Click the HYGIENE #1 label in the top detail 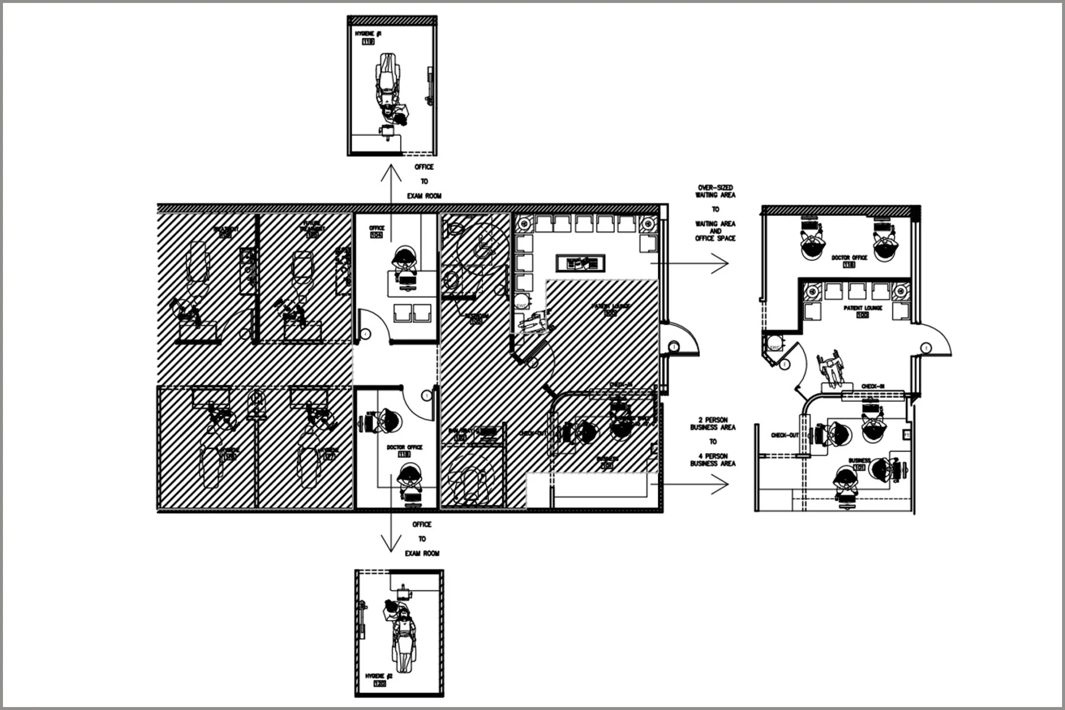368,34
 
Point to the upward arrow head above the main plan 389,169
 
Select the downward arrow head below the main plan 390,547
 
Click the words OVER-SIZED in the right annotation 715,188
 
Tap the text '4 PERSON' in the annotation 713,456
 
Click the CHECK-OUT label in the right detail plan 785,435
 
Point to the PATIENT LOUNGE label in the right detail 863,308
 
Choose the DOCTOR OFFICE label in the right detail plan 849,258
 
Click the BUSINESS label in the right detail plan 859,460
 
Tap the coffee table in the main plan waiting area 580,262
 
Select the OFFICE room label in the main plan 376,228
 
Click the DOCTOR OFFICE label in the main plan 405,447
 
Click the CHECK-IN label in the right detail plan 873,386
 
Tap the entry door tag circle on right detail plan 926,348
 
